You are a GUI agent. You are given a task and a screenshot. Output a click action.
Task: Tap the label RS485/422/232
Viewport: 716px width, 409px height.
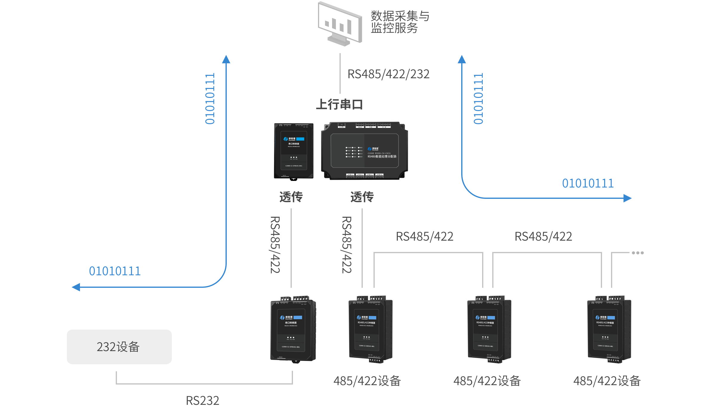pos(388,74)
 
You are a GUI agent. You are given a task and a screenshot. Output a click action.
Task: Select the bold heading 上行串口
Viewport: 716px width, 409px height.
pos(339,104)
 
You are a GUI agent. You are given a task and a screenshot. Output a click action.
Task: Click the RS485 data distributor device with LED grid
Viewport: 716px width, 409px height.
pos(365,151)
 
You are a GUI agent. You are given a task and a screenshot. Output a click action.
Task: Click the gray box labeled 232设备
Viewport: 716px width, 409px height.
pos(119,347)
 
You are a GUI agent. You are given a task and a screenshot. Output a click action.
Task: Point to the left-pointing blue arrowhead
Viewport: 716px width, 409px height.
pos(76,287)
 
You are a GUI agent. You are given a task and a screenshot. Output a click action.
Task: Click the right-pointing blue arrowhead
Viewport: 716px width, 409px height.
pos(628,198)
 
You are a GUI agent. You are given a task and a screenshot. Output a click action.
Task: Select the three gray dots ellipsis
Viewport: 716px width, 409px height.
pos(638,253)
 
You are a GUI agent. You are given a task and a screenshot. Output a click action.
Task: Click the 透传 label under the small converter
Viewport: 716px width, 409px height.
pos(291,197)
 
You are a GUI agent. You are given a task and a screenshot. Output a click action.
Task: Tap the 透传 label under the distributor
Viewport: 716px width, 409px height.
pos(362,197)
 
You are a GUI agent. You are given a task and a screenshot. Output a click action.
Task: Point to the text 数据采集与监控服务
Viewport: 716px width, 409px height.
pos(400,22)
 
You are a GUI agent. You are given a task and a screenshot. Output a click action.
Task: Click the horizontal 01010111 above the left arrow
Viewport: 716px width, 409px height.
pos(115,271)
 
